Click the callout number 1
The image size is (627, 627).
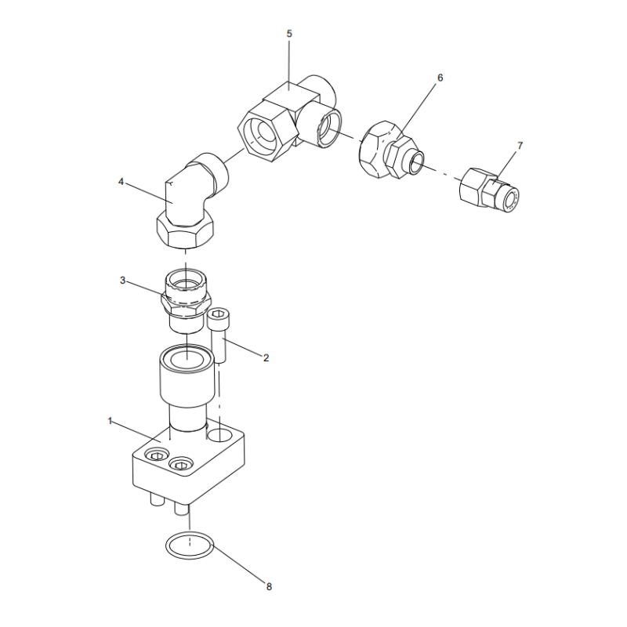pyautogui.click(x=110, y=421)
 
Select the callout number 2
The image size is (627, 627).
pyautogui.click(x=266, y=358)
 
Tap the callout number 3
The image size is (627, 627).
pyautogui.click(x=123, y=281)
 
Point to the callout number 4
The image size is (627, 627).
pyautogui.click(x=121, y=182)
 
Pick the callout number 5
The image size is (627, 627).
pyautogui.click(x=289, y=34)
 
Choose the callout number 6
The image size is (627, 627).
pyautogui.click(x=440, y=78)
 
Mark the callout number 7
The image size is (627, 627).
pyautogui.click(x=520, y=146)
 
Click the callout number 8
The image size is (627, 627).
pyautogui.click(x=269, y=586)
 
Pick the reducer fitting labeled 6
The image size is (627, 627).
pyautogui.click(x=390, y=150)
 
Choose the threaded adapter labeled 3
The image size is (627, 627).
pyautogui.click(x=186, y=300)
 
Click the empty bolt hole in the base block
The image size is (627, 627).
pyautogui.click(x=219, y=435)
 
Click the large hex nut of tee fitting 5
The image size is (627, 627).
pyautogui.click(x=267, y=131)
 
